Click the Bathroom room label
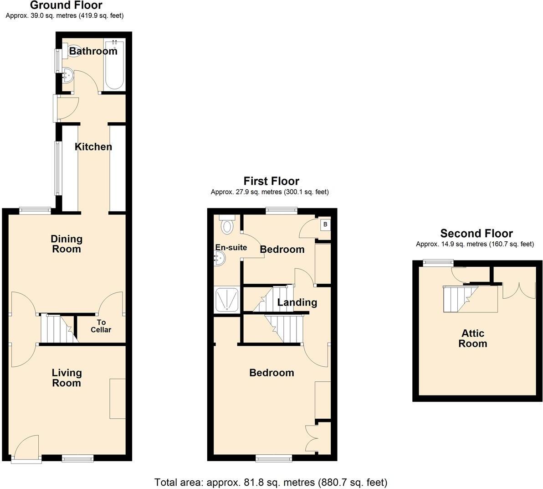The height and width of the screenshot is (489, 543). [x=93, y=51]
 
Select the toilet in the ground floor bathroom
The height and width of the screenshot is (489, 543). [x=73, y=52]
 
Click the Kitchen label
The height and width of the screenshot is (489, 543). [x=93, y=147]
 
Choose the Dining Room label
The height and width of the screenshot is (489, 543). [x=66, y=244]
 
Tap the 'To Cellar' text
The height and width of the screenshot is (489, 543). [x=101, y=326]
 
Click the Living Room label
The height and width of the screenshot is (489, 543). [x=67, y=378]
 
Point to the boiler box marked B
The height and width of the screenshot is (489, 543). [x=325, y=224]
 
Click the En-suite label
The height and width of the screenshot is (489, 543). [x=231, y=247]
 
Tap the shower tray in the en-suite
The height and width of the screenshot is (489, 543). [x=227, y=299]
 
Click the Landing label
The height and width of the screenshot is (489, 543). [x=297, y=302]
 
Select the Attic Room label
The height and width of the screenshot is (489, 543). [x=473, y=338]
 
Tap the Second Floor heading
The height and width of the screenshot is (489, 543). [x=476, y=233]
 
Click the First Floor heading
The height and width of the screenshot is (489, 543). [x=271, y=181]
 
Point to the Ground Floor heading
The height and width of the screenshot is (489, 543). [x=66, y=5]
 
